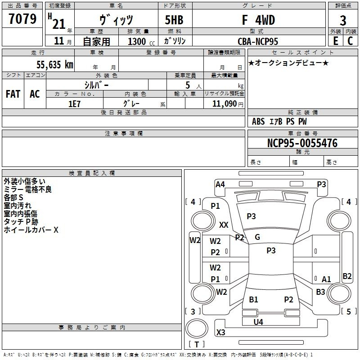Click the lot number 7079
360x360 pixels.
pyautogui.click(x=22, y=19)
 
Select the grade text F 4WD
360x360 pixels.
pyautogui.click(x=258, y=20)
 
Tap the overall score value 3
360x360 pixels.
pyautogui.click(x=343, y=21)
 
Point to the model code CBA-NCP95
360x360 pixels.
pyautogui.click(x=258, y=41)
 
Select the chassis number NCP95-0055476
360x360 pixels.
pyautogui.click(x=302, y=143)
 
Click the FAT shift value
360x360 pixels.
pyautogui.click(x=13, y=94)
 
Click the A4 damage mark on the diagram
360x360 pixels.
pyautogui.click(x=220, y=184)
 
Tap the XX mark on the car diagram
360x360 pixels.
pyautogui.click(x=224, y=225)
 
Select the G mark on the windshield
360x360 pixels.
pyautogui.click(x=257, y=237)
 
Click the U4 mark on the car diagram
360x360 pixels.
pyautogui.click(x=258, y=322)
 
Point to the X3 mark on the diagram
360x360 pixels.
pyautogui.click(x=221, y=333)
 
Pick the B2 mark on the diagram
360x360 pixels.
pyautogui.click(x=347, y=276)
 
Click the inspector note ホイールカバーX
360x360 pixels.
pyautogui.click(x=31, y=230)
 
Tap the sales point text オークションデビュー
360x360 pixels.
pyautogui.click(x=288, y=63)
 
